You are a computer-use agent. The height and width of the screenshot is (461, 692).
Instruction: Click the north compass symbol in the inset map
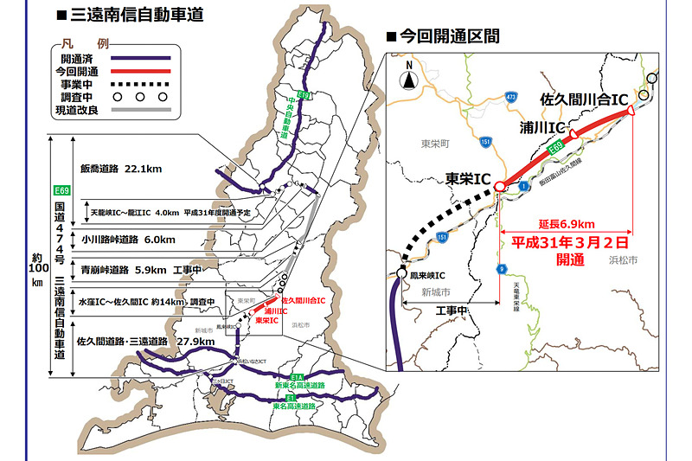(x=407, y=79)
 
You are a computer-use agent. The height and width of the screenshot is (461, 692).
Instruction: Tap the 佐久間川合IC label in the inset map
(x=583, y=99)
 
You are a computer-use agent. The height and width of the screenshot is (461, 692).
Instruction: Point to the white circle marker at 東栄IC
(x=499, y=187)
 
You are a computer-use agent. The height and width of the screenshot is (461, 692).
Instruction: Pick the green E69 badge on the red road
(x=561, y=150)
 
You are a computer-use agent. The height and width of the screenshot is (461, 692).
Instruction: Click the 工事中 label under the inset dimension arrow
(x=451, y=310)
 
